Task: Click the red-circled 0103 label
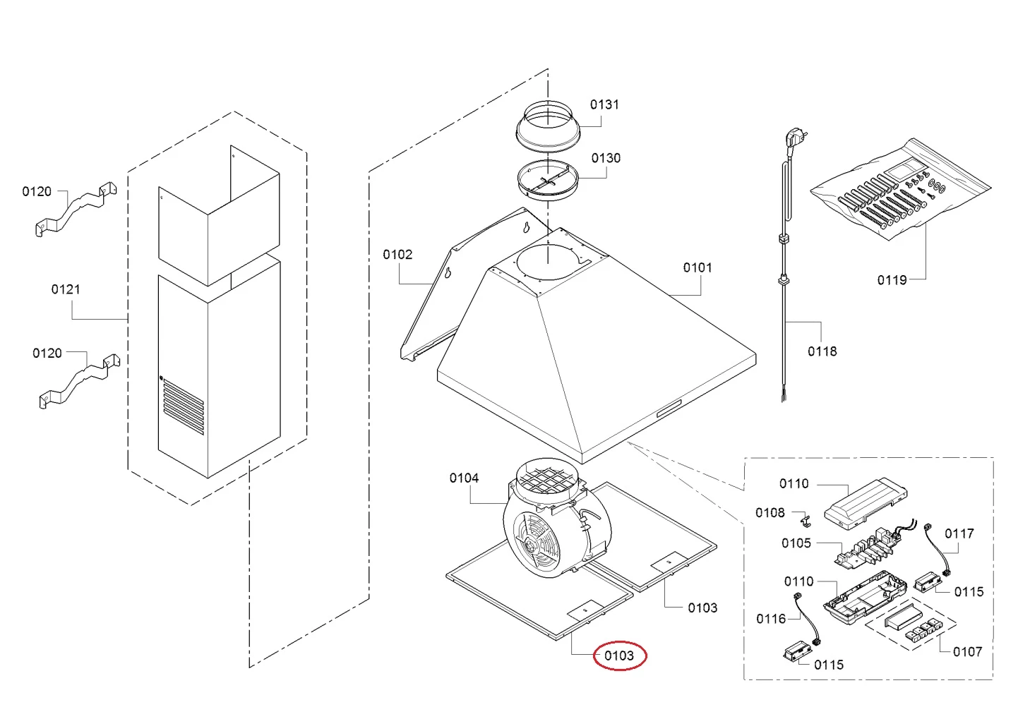pyautogui.click(x=618, y=655)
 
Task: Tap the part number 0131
pyautogui.click(x=604, y=104)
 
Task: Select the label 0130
pyautogui.click(x=606, y=158)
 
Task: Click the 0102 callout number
pyautogui.click(x=397, y=254)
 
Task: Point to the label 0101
pyautogui.click(x=697, y=267)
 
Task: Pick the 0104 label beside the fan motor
pyautogui.click(x=464, y=478)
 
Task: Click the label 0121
pyautogui.click(x=66, y=289)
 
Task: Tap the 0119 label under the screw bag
pyautogui.click(x=892, y=280)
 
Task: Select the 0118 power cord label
pyautogui.click(x=822, y=351)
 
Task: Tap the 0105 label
pyautogui.click(x=796, y=543)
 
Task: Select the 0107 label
pyautogui.click(x=966, y=651)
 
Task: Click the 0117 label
pyautogui.click(x=959, y=533)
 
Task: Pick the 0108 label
pyautogui.click(x=770, y=512)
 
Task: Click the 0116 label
pyautogui.click(x=770, y=619)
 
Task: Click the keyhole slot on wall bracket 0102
pyautogui.click(x=526, y=227)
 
